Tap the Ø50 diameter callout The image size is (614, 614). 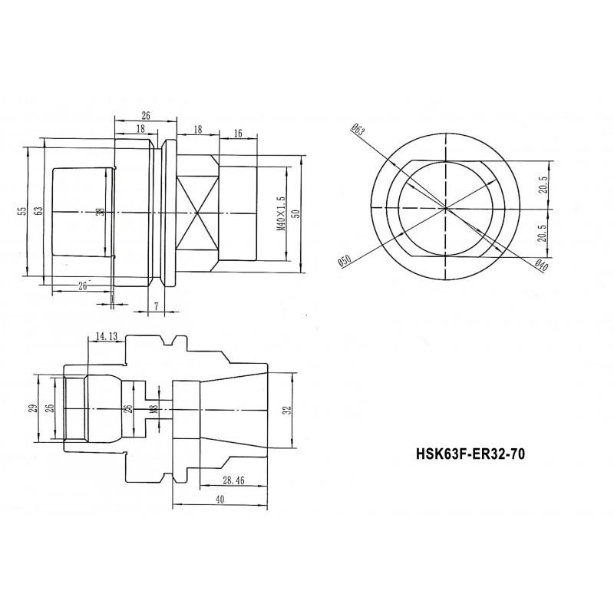pyautogui.click(x=345, y=259)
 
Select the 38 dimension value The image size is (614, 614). pyautogui.click(x=100, y=212)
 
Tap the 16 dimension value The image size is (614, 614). pyautogui.click(x=238, y=134)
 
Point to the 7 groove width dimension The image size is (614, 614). pyautogui.click(x=156, y=306)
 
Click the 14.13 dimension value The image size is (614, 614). pyautogui.click(x=107, y=335)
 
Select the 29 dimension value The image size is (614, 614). pyautogui.click(x=32, y=408)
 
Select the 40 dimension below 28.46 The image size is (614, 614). pyautogui.click(x=220, y=499)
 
